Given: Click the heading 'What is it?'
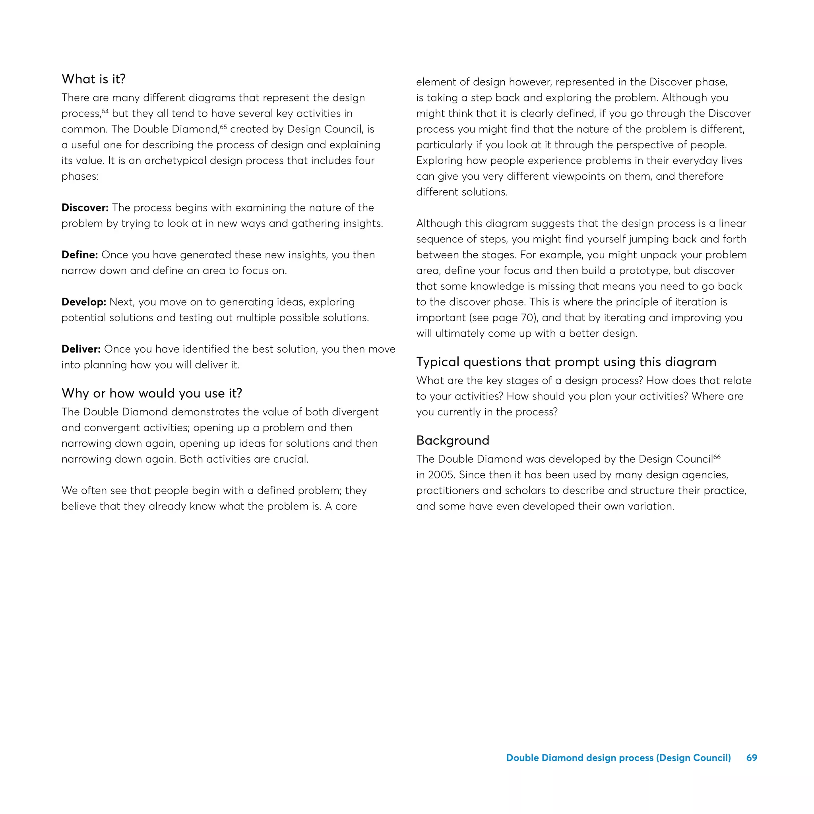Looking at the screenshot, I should click(x=93, y=79).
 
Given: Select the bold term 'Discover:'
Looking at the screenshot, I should click(x=85, y=208).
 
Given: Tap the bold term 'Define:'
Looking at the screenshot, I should click(x=79, y=255).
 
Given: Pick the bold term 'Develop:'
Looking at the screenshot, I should click(x=83, y=302).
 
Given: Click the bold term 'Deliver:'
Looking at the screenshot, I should click(x=81, y=349).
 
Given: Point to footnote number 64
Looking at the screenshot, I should click(x=105, y=111).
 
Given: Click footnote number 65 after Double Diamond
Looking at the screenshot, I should click(x=223, y=127).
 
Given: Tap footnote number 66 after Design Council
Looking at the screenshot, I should click(x=717, y=457).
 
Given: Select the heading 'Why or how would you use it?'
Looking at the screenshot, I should click(x=152, y=393).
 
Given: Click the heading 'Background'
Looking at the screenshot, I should click(x=452, y=440).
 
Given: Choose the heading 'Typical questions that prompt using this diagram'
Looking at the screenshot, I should click(x=566, y=362).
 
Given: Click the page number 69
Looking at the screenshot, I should click(x=752, y=758).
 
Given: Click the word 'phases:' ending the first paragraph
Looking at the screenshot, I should click(x=80, y=176).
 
